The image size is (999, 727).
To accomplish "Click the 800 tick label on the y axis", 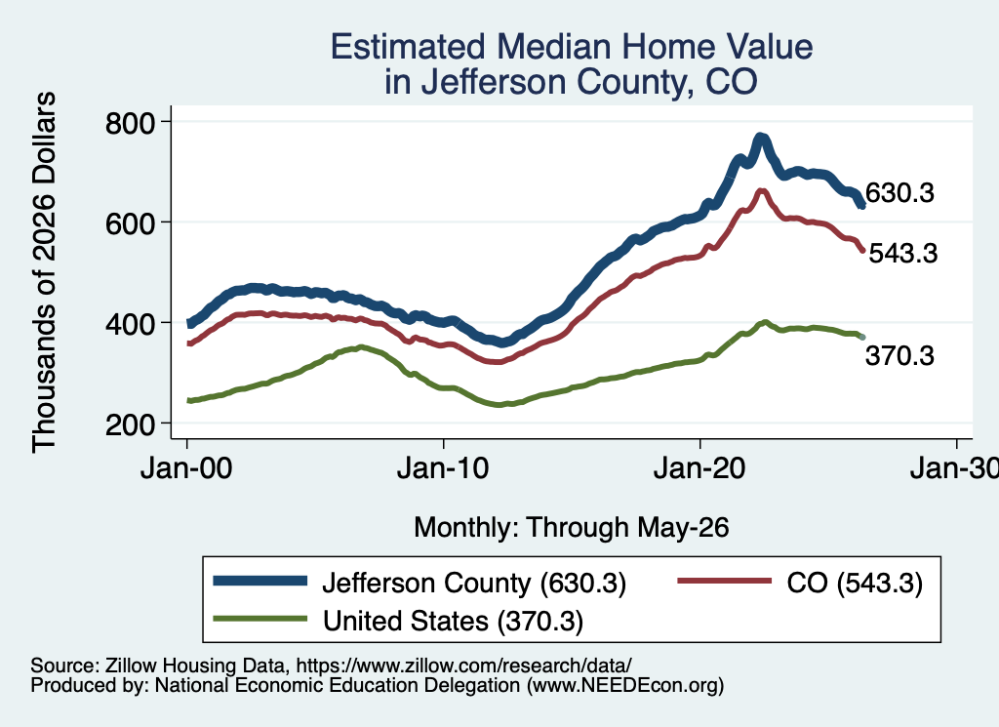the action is coord(130,123).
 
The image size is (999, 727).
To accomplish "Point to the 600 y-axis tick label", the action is coord(130,223).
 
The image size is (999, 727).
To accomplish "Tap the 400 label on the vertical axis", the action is coord(130,324).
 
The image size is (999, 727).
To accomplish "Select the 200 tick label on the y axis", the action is coord(130,425).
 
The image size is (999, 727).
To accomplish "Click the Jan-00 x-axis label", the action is coord(186,469).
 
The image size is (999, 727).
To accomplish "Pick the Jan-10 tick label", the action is coord(443,469).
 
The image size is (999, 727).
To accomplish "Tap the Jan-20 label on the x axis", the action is coord(699,469).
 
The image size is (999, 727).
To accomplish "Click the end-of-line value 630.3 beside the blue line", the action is coord(899,192).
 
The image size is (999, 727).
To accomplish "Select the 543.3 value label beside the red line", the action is coord(903,254).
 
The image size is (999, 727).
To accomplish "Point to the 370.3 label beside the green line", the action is coord(899,355).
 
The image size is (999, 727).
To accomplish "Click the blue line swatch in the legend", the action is coord(260,581).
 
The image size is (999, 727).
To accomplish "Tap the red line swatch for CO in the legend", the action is coord(725,581).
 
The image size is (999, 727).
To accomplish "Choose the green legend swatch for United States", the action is coord(260,619).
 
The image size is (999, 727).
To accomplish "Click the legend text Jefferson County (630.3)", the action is coord(475,583).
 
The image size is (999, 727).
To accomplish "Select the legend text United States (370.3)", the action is coord(453,622).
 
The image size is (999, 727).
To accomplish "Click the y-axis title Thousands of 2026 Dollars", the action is coord(44,272).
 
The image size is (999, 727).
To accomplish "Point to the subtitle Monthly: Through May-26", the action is coord(572,528).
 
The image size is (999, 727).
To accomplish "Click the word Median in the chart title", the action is coord(554,47).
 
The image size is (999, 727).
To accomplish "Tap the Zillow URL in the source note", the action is coord(463,666).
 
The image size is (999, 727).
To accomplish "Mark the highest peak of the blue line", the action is coord(760,138).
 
